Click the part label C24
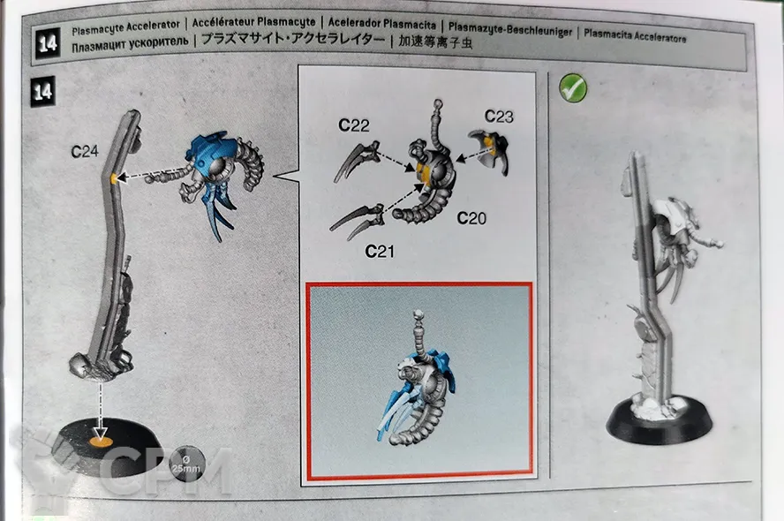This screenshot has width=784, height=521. click(x=85, y=151)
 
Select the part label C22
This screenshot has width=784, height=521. click(x=353, y=125)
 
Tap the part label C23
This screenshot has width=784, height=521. click(x=499, y=117)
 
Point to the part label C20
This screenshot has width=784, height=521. click(x=471, y=218)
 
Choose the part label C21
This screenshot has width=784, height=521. click(x=379, y=251)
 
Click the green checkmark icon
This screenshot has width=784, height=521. click(x=572, y=88)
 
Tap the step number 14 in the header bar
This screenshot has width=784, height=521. click(x=48, y=43)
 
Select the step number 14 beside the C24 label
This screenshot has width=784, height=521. click(x=43, y=92)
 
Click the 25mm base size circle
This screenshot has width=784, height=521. click(x=187, y=463)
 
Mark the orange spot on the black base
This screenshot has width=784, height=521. click(x=100, y=441)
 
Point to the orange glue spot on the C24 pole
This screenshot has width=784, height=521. click(x=115, y=177)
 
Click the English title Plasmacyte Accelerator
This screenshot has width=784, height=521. click(x=125, y=27)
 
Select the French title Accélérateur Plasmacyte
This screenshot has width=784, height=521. click(x=254, y=22)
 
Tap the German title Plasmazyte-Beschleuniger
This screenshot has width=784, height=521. click(x=510, y=29)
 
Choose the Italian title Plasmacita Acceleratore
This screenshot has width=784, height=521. click(x=635, y=35)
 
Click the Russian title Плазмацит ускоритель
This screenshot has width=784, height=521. click(x=130, y=44)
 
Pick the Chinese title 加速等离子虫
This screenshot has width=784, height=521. click(x=435, y=42)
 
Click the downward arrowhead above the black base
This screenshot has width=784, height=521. click(x=100, y=431)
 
